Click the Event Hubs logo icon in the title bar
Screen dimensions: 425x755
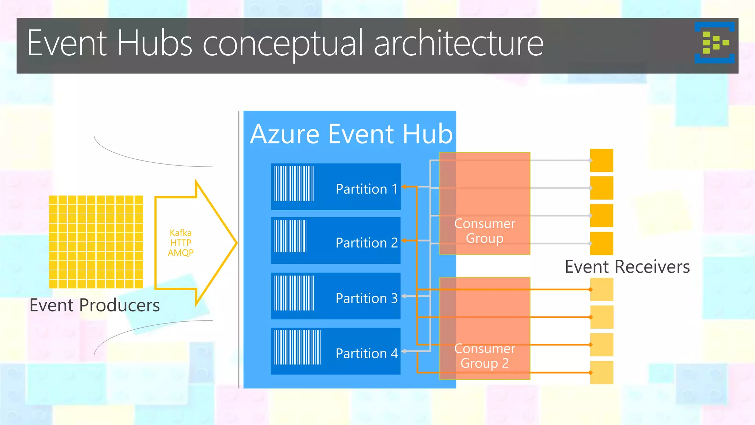click(714, 43)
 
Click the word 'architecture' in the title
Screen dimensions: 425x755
click(459, 44)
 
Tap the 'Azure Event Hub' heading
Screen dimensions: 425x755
click(351, 134)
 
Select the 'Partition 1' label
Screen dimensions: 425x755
click(366, 189)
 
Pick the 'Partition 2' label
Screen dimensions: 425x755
click(366, 243)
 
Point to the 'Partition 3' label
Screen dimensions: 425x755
click(366, 298)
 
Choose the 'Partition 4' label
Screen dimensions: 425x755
click(366, 353)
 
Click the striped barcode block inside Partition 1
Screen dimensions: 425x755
click(294, 183)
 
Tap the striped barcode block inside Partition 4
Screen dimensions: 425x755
click(297, 347)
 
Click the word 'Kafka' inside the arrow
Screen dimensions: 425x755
click(181, 233)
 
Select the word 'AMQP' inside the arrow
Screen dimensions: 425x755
click(181, 253)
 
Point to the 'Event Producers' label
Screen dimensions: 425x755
click(95, 305)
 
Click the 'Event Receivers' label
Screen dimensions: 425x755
click(627, 267)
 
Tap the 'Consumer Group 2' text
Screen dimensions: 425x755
click(484, 356)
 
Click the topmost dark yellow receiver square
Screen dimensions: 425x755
click(601, 160)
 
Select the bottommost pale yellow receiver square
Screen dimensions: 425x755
click(601, 373)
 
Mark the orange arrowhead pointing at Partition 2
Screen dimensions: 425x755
click(404, 241)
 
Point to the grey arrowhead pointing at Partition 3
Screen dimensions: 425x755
click(404, 296)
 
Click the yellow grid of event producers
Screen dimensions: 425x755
click(96, 242)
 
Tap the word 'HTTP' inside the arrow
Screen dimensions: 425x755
click(181, 243)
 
